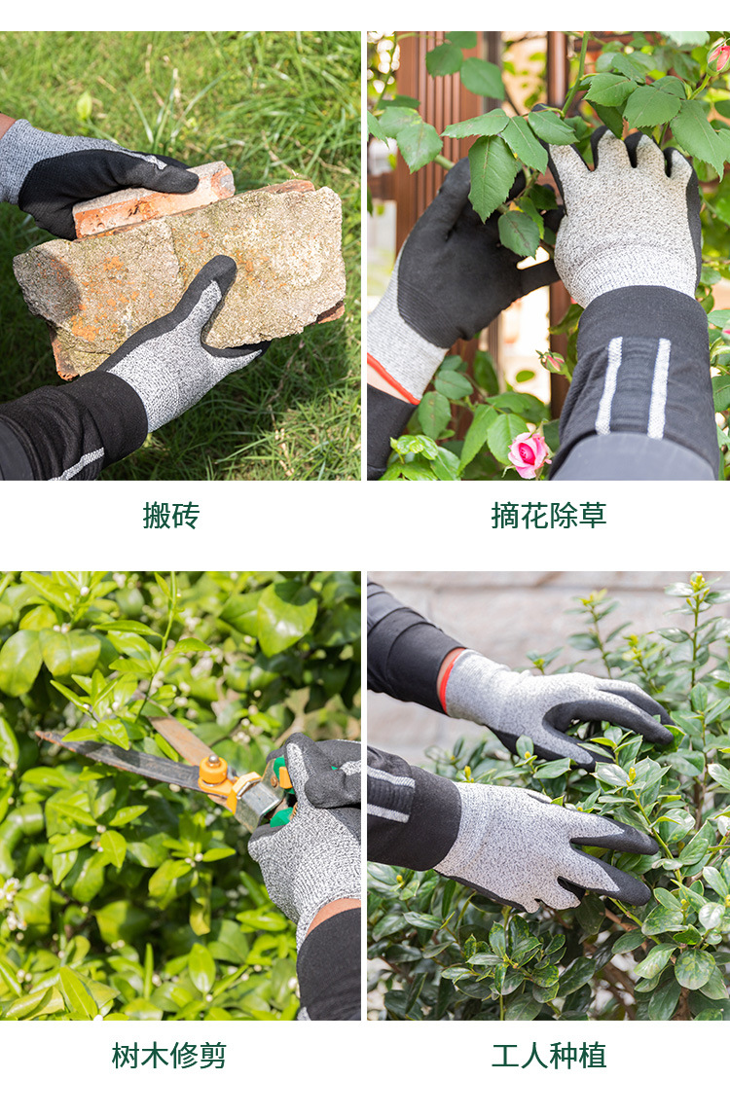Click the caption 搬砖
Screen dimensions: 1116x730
click(x=170, y=515)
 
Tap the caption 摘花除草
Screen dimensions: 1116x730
click(x=548, y=515)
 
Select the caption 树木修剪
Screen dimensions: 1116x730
click(x=169, y=1055)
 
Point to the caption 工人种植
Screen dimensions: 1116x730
click(x=548, y=1055)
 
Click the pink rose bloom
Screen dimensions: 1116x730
click(x=528, y=453)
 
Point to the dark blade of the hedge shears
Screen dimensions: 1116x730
click(x=127, y=759)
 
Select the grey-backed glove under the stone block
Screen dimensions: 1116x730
click(x=185, y=350)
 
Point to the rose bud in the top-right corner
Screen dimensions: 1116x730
click(x=719, y=56)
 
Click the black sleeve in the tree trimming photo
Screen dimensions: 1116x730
click(x=329, y=963)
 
